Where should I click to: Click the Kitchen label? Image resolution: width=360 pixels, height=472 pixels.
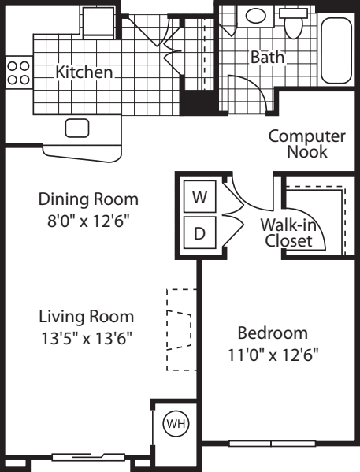pos(84,72)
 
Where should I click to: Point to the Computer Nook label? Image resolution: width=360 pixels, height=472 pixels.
pos(306,144)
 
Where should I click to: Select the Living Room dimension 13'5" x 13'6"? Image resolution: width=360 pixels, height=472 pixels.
pos(87,339)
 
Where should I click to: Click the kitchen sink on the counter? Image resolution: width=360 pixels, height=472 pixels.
pos(76,128)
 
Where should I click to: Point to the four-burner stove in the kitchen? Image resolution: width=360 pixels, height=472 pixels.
pos(17,72)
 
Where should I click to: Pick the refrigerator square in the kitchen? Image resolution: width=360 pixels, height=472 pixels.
pos(100,21)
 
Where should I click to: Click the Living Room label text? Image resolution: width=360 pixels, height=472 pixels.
pos(87,317)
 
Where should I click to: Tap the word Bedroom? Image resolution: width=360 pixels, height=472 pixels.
pos(274,333)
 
